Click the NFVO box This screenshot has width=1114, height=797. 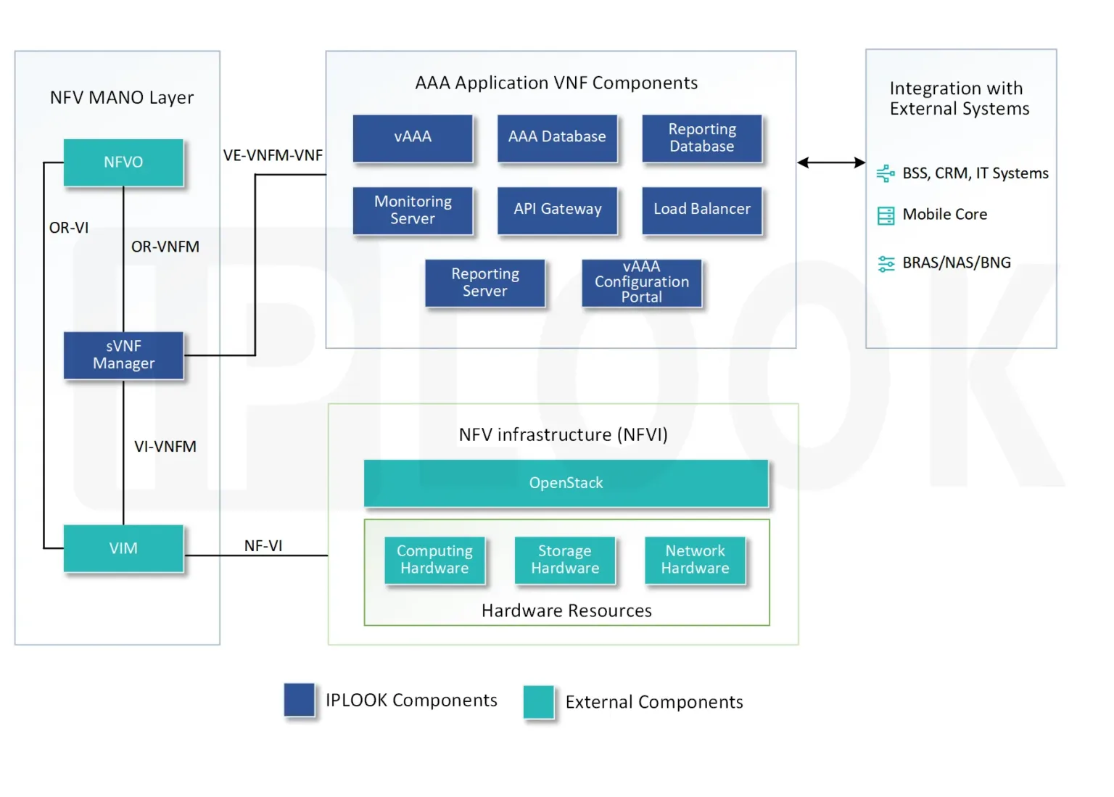123,162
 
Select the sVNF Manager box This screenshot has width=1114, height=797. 123,355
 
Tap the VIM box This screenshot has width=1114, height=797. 123,548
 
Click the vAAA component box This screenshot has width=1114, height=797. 412,137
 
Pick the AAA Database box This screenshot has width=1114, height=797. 557,137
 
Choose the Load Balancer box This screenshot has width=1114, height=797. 701,210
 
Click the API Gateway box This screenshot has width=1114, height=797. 557,210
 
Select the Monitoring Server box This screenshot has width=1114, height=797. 412,210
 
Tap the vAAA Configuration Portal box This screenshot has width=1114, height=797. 641,282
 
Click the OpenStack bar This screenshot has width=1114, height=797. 566,483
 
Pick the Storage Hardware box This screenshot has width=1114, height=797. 565,560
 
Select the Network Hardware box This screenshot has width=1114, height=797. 695,560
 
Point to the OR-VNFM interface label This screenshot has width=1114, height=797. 165,247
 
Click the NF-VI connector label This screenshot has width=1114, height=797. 263,545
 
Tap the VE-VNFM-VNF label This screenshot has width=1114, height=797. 273,155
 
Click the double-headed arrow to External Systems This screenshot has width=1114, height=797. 830,162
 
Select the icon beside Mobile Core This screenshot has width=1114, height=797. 886,215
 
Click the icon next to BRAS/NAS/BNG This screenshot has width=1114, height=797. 886,263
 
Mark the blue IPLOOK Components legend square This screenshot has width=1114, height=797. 299,700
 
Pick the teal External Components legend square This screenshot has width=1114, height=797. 538,702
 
